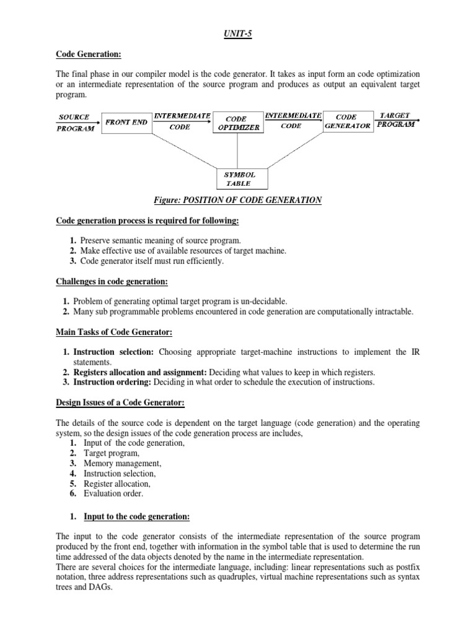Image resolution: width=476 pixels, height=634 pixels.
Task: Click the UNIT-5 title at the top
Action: (238, 35)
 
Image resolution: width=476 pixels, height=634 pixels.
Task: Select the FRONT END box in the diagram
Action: (126, 122)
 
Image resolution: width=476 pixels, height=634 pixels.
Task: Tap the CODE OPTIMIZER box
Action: (236, 123)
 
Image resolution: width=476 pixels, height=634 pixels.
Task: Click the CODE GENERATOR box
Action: (347, 121)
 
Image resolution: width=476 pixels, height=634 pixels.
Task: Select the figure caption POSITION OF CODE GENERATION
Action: (238, 200)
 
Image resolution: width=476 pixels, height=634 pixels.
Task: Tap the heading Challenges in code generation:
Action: (112, 282)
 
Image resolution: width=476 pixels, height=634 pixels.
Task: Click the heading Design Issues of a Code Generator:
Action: (120, 403)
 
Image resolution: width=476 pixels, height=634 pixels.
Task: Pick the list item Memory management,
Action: (122, 464)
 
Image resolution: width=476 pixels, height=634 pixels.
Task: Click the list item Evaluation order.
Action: (113, 493)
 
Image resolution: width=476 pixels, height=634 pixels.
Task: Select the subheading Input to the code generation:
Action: (136, 516)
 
